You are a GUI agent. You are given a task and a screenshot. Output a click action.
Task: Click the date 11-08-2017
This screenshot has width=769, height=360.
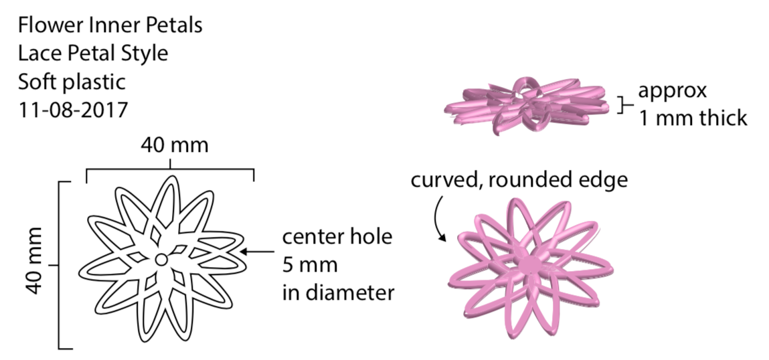click(x=73, y=109)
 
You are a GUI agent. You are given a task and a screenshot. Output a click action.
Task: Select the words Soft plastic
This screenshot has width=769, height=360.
click(x=72, y=82)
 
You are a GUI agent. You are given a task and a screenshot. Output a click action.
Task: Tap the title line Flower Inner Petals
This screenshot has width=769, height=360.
click(x=110, y=26)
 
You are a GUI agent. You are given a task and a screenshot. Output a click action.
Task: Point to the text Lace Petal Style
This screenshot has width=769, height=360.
click(x=92, y=54)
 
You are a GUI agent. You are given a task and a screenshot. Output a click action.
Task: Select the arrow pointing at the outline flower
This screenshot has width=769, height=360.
click(x=258, y=252)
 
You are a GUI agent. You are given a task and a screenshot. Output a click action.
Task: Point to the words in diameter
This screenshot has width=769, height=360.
click(x=338, y=292)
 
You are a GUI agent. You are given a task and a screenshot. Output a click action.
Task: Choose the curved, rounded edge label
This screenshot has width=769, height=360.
click(x=519, y=181)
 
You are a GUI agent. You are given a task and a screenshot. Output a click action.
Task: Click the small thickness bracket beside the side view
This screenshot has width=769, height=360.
click(x=624, y=104)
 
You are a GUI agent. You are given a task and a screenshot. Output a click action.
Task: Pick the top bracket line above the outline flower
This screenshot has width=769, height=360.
click(x=170, y=170)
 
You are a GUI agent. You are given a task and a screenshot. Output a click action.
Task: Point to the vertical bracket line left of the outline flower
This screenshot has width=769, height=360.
click(x=60, y=264)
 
